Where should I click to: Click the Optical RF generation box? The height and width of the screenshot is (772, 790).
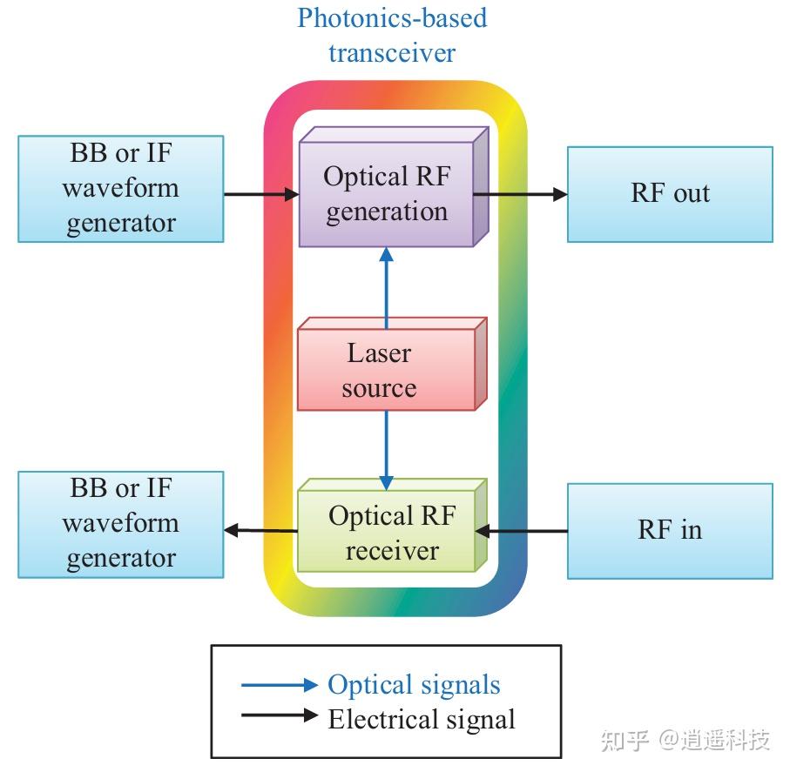(x=388, y=193)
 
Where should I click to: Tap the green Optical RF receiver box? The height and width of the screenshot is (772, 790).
(x=388, y=533)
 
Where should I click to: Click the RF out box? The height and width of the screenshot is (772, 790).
(x=670, y=193)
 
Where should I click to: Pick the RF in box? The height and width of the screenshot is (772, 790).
(x=670, y=530)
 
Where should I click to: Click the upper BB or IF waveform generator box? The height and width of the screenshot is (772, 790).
(x=121, y=188)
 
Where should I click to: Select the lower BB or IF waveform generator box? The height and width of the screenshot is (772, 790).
(x=121, y=524)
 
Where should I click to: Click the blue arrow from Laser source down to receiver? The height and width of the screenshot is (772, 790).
(x=386, y=448)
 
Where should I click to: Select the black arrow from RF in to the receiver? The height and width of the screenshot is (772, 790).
(x=523, y=530)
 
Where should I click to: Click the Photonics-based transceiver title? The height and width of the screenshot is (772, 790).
(x=392, y=35)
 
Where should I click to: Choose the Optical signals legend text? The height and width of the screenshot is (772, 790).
(x=414, y=684)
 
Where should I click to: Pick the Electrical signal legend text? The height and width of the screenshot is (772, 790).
(x=422, y=720)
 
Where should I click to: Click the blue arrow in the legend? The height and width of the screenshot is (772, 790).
(x=279, y=685)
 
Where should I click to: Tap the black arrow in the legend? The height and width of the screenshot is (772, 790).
(x=279, y=716)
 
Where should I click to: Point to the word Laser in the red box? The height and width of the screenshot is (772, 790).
(x=379, y=352)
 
